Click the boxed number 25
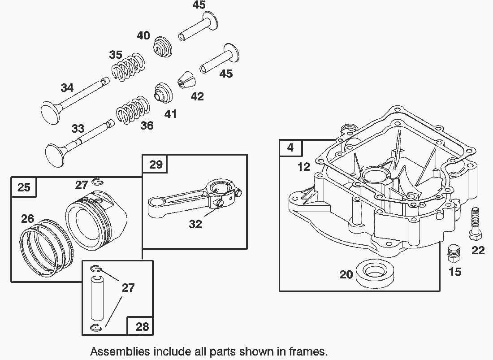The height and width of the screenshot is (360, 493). tap(24, 187)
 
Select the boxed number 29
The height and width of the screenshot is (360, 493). tap(156, 164)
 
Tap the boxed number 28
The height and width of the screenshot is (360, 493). tap(142, 326)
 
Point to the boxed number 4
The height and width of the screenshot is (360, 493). tap(291, 147)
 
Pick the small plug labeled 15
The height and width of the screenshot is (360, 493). tap(454, 253)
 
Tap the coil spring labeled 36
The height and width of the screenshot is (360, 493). tap(133, 109)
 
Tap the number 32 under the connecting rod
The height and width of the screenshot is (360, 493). tap(195, 224)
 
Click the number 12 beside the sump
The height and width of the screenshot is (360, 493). tap(303, 167)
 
